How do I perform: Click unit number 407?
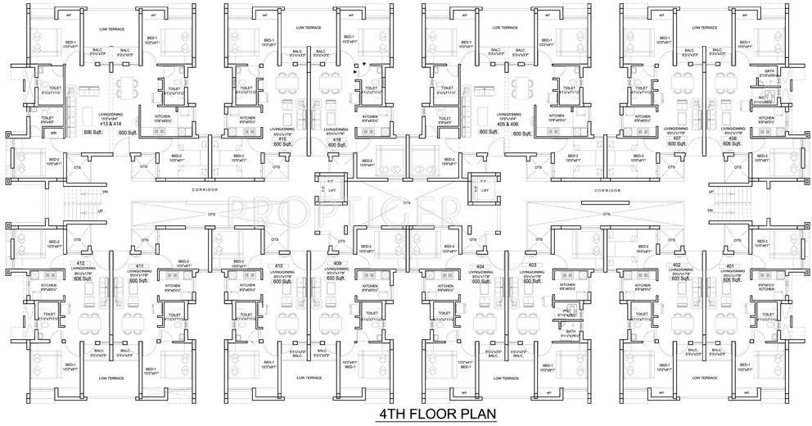point(676,138)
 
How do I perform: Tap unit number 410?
point(278,266)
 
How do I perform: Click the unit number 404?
point(479,266)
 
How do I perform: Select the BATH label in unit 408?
point(769,71)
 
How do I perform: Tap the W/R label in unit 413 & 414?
point(53,133)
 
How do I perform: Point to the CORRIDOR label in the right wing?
point(607,189)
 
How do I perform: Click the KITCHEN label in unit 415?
point(249,117)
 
